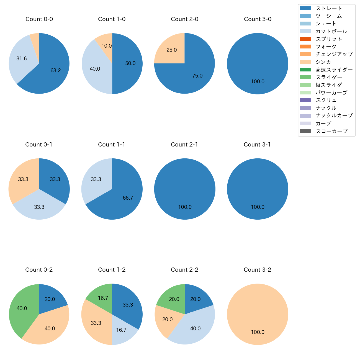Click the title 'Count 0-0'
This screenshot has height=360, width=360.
pos(39,19)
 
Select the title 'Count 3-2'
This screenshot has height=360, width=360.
pos(257,270)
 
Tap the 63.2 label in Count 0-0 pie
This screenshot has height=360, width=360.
pos(55,71)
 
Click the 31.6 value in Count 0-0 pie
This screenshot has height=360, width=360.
pos(22,58)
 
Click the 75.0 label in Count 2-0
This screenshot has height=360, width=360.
pos(197,76)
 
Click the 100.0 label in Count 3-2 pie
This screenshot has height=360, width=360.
pos(258,332)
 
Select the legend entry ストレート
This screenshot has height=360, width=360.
pos(329,8)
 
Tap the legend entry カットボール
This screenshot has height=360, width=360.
pos(331,31)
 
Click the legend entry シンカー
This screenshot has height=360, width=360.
pos(326,62)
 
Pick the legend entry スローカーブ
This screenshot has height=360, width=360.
pos(331,131)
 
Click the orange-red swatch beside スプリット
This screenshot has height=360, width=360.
pos(305,39)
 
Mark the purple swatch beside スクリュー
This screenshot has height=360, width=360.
pos(305,100)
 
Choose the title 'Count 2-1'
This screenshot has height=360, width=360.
pos(184,145)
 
